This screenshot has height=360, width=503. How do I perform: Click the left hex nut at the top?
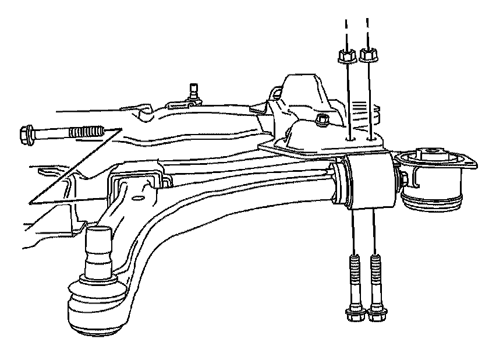tap(344, 57)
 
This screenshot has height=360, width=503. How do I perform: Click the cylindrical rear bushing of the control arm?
tap(368, 181)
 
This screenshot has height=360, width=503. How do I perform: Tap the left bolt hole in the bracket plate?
tap(349, 140)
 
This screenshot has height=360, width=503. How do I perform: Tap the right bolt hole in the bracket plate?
tap(371, 139)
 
